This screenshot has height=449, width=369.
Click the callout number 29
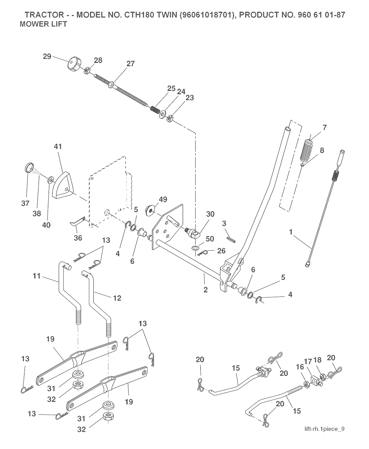tap(47, 57)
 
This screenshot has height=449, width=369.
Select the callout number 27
tap(130, 64)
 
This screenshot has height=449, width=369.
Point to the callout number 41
tap(58, 146)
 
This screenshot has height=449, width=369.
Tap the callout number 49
tap(163, 199)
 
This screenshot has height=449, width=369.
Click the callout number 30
tap(210, 214)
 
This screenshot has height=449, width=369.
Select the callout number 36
tap(78, 238)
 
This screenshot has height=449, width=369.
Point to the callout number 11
tap(36, 276)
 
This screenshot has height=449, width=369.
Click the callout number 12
tap(117, 298)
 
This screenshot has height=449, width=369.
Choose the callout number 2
tap(205, 290)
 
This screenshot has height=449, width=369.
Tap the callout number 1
tap(291, 232)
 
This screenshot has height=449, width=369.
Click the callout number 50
tap(210, 239)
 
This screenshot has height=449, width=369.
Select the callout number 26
tap(221, 251)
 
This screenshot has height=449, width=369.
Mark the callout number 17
tap(308, 361)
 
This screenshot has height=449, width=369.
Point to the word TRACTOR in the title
tap(44, 15)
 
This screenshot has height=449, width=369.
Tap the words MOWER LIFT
tap(43, 24)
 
